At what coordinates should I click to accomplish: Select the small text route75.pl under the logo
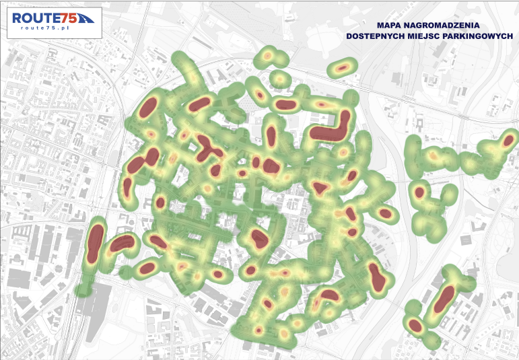pos(46,28)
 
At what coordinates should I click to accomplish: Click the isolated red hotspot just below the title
pos(343,67)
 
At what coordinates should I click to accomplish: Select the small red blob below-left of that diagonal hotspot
pos(415,326)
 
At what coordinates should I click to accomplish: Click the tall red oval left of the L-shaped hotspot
pos(272,133)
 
